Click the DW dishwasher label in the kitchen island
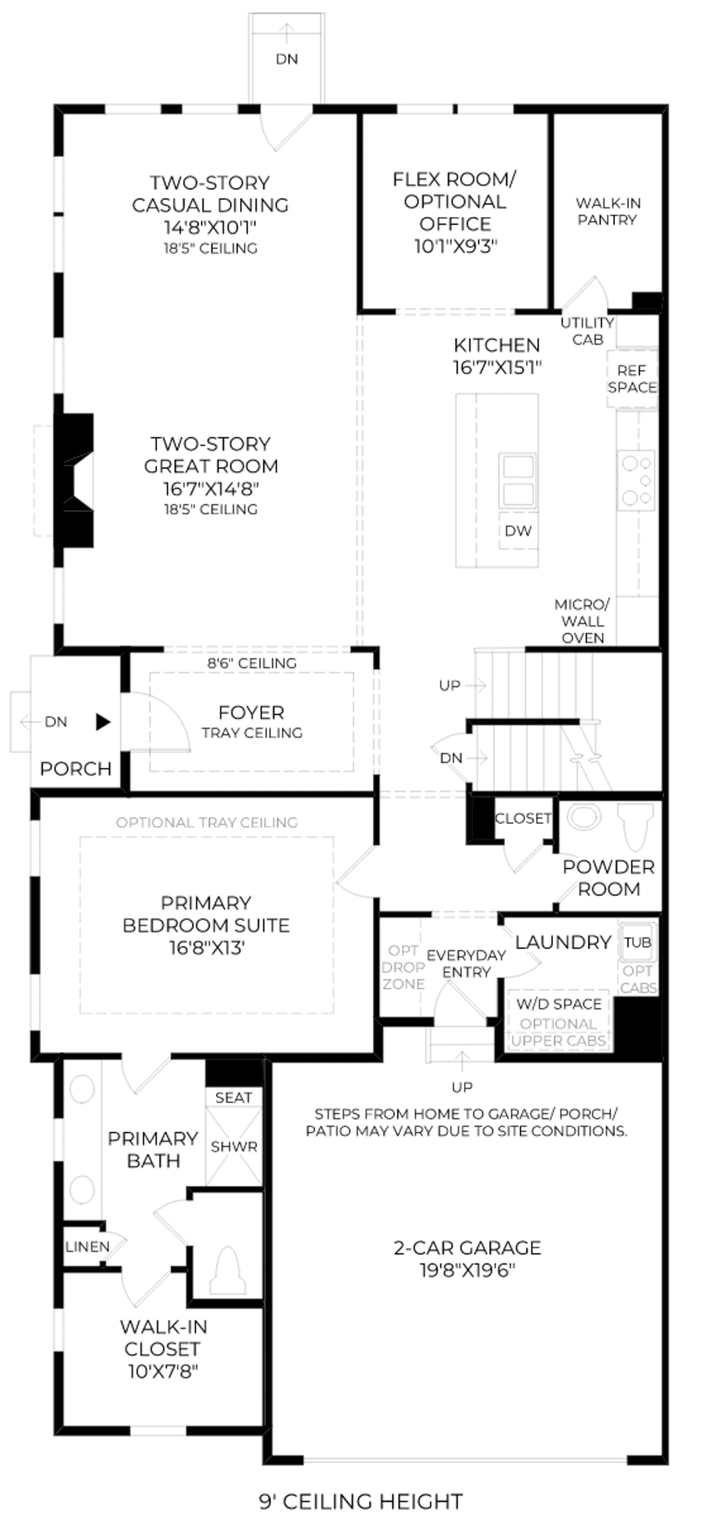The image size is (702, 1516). [x=518, y=531]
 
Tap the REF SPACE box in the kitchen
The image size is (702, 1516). [x=632, y=379]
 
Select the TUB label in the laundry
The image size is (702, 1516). [x=637, y=942]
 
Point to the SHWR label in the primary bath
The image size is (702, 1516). [x=234, y=1146]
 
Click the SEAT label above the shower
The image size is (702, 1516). [x=233, y=1098]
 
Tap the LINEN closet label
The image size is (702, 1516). [x=88, y=1246]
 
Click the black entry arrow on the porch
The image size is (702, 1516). [x=103, y=722]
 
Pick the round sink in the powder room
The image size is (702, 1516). [x=583, y=817]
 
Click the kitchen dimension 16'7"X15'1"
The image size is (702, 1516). [x=497, y=367]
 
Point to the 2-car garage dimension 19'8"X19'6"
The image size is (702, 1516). [x=467, y=1270]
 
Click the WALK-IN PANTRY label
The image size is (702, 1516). [x=608, y=211]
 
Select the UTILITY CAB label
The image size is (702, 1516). [x=587, y=331]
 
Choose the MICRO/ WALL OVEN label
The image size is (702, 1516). [x=582, y=621]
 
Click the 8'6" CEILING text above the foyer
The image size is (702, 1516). [x=252, y=663]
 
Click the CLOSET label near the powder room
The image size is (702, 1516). [x=523, y=818]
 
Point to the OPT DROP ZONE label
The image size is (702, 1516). [x=403, y=967]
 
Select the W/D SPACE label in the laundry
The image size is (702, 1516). [x=558, y=1004]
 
